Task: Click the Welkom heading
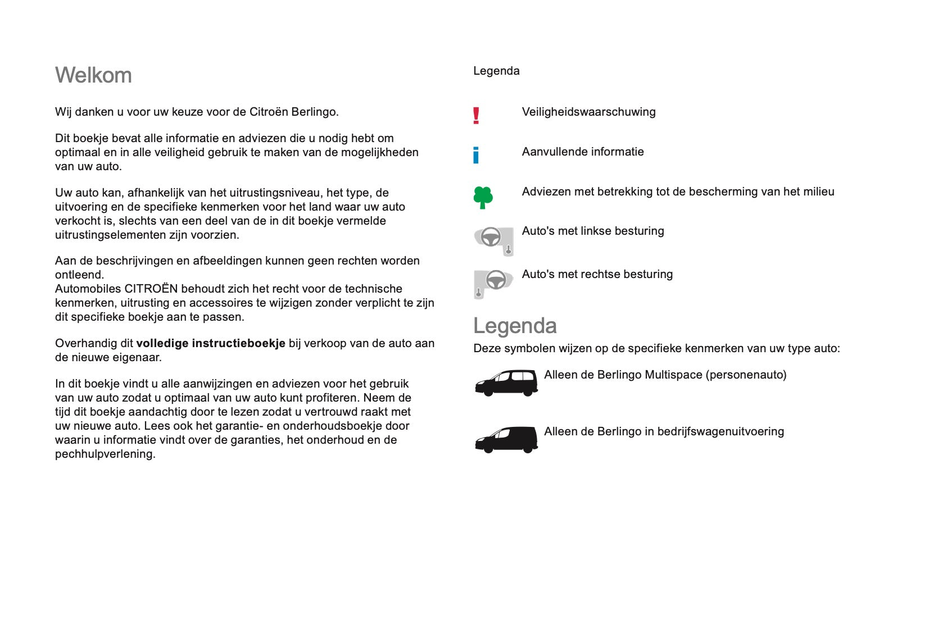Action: (93, 75)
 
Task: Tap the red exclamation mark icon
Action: (476, 115)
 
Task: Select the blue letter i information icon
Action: (476, 155)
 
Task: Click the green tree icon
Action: (483, 197)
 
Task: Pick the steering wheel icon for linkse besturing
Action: (493, 240)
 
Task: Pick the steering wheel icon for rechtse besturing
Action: (493, 283)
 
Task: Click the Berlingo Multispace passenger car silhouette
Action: (506, 383)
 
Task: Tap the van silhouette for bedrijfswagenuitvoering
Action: (506, 439)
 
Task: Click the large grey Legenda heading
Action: (515, 326)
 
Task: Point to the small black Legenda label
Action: (496, 71)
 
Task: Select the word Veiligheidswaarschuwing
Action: (588, 112)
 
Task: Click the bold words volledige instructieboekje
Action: (211, 343)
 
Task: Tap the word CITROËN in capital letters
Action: (151, 289)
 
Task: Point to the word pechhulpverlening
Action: (105, 454)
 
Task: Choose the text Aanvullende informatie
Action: (583, 152)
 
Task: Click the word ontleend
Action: (79, 275)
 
